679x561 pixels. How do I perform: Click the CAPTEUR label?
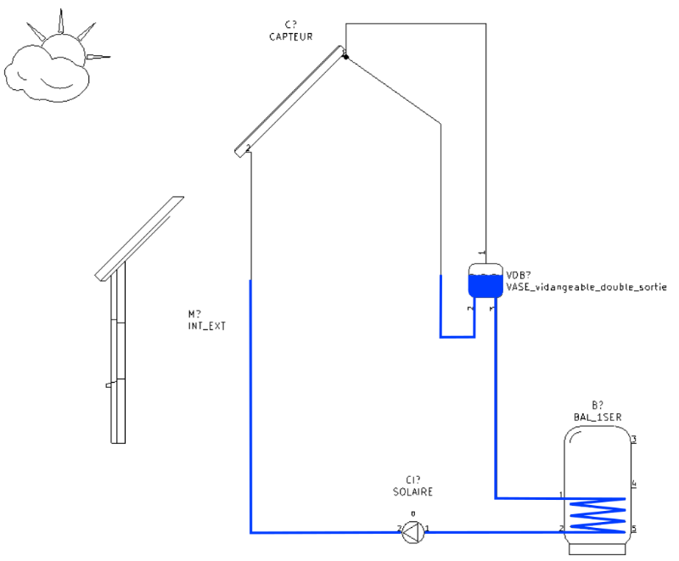291,37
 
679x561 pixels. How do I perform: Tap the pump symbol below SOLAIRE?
412,531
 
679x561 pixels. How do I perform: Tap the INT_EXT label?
207,325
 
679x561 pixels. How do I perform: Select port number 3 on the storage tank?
634,440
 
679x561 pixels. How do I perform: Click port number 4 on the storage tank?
634,484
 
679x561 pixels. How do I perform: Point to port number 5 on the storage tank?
634,529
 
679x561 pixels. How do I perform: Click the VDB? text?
519,275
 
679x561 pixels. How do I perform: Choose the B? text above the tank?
598,405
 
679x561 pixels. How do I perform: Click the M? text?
194,313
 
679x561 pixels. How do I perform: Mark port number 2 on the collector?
247,149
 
